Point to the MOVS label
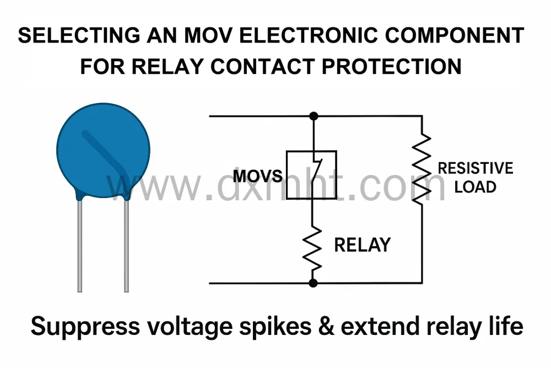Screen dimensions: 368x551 pyautogui.click(x=257, y=176)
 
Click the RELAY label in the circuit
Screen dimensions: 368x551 pyautogui.click(x=362, y=244)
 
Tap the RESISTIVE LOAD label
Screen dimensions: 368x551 pyautogui.click(x=475, y=177)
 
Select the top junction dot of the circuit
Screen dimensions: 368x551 pyautogui.click(x=314, y=116)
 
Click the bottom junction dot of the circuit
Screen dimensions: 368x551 pyautogui.click(x=313, y=283)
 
